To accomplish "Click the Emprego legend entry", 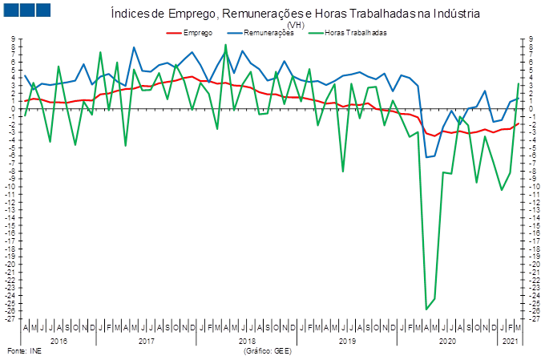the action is (189, 33).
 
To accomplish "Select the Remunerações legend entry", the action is (260, 33).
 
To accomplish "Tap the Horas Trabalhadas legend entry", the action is (347, 33).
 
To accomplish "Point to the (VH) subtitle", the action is (296, 25).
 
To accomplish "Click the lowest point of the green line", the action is (426, 309).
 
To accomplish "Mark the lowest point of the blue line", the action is (426, 157).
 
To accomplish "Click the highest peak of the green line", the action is (225, 45).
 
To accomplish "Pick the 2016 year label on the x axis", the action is (59, 342).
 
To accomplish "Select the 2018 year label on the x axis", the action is (247, 342).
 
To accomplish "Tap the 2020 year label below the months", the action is (447, 342).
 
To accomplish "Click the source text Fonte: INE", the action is (24, 351).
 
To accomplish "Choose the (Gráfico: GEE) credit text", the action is (268, 351).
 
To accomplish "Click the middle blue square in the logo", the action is (27, 10).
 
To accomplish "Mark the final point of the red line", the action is (519, 123).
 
